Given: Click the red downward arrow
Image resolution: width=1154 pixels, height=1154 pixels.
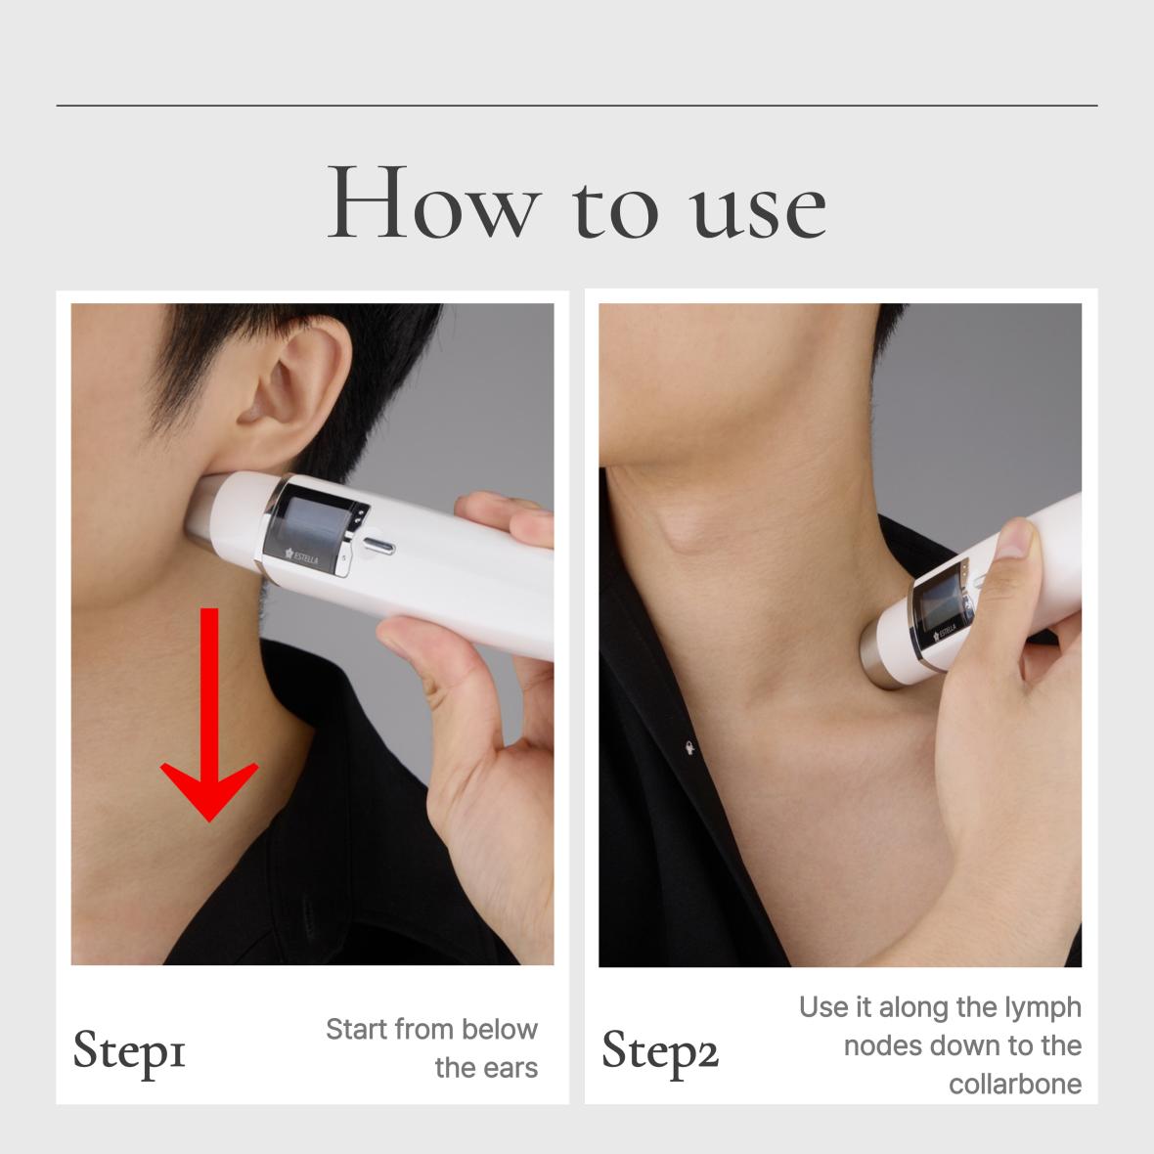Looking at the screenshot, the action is pyautogui.click(x=209, y=714).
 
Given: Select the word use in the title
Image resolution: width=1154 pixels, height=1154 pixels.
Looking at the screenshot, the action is pyautogui.click(x=757, y=212).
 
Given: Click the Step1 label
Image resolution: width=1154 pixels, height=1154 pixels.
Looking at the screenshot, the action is pyautogui.click(x=129, y=1051).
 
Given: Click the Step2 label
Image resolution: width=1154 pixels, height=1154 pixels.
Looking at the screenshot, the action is pyautogui.click(x=659, y=1051).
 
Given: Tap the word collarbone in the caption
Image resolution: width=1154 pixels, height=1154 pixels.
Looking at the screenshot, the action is pyautogui.click(x=1015, y=1085).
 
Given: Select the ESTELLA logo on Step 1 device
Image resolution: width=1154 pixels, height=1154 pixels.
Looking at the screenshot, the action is pyautogui.click(x=302, y=556).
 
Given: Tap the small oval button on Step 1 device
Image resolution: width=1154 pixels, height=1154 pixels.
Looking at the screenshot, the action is pyautogui.click(x=378, y=546).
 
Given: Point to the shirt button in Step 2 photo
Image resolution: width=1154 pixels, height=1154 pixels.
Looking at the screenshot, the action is pyautogui.click(x=689, y=748).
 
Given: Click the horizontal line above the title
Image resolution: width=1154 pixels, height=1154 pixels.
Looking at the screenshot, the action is pyautogui.click(x=577, y=106).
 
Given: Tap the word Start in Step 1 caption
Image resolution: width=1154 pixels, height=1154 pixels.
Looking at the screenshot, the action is pyautogui.click(x=356, y=1029).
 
